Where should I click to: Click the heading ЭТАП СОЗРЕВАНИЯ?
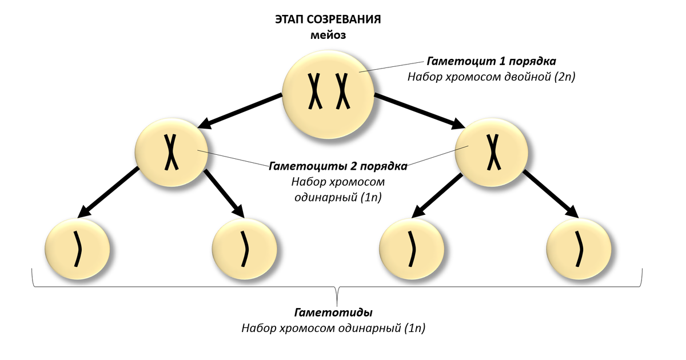[328, 19]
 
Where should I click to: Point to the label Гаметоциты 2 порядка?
[338, 166]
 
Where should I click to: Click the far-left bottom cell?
[77, 250]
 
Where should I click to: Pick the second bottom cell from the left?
[245, 250]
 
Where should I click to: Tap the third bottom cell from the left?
[412, 250]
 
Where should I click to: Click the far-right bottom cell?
[579, 250]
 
